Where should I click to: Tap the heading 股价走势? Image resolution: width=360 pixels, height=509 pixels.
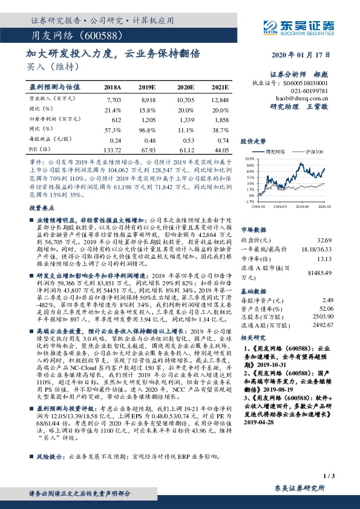[253, 140]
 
